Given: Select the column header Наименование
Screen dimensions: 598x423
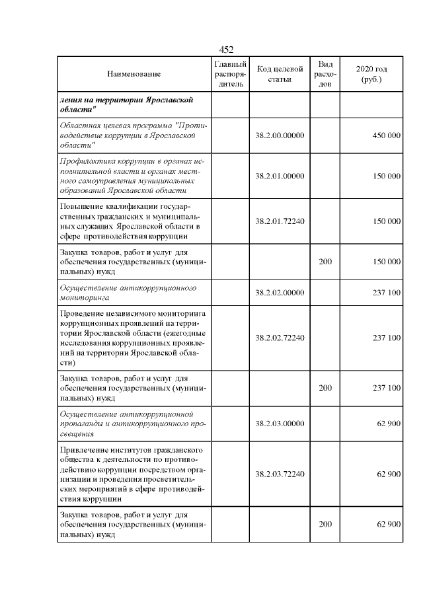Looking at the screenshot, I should point(134,75).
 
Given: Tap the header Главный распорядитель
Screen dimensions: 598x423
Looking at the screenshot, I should point(231,74).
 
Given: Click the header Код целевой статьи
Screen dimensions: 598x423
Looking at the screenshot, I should point(280,74).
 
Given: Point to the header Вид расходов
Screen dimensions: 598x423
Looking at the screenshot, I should point(325,74).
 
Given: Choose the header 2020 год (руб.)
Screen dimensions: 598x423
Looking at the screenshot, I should point(371,74).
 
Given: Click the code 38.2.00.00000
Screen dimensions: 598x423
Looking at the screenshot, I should point(280,135).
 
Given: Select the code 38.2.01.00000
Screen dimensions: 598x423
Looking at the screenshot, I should point(280,176).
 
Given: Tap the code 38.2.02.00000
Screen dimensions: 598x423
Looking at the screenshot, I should point(280,293).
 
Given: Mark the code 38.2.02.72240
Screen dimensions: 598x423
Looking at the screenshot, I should point(280,338).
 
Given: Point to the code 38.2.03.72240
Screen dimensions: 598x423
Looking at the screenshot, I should point(280,474).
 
